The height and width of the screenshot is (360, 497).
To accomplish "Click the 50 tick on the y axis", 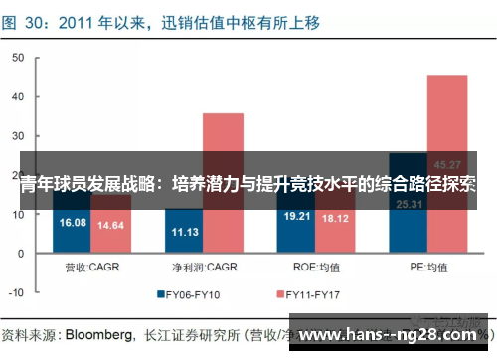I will pyautogui.click(x=17, y=58).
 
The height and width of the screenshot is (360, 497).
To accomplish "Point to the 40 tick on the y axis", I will pyautogui.click(x=17, y=96).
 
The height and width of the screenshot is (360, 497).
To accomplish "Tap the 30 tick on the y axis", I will pyautogui.click(x=17, y=136).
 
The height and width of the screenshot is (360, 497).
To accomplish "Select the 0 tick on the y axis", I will pyautogui.click(x=20, y=254).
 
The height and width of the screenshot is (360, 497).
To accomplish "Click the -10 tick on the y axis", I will pyautogui.click(x=15, y=292).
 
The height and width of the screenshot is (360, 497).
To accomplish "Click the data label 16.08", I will pyautogui.click(x=74, y=223).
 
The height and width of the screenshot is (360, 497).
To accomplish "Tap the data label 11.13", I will pyautogui.click(x=185, y=232).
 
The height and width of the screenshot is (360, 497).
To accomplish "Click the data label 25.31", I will pyautogui.click(x=410, y=204).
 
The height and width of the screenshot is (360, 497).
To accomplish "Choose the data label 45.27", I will pyautogui.click(x=447, y=164).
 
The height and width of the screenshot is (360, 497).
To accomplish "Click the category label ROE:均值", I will pyautogui.click(x=316, y=267).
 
